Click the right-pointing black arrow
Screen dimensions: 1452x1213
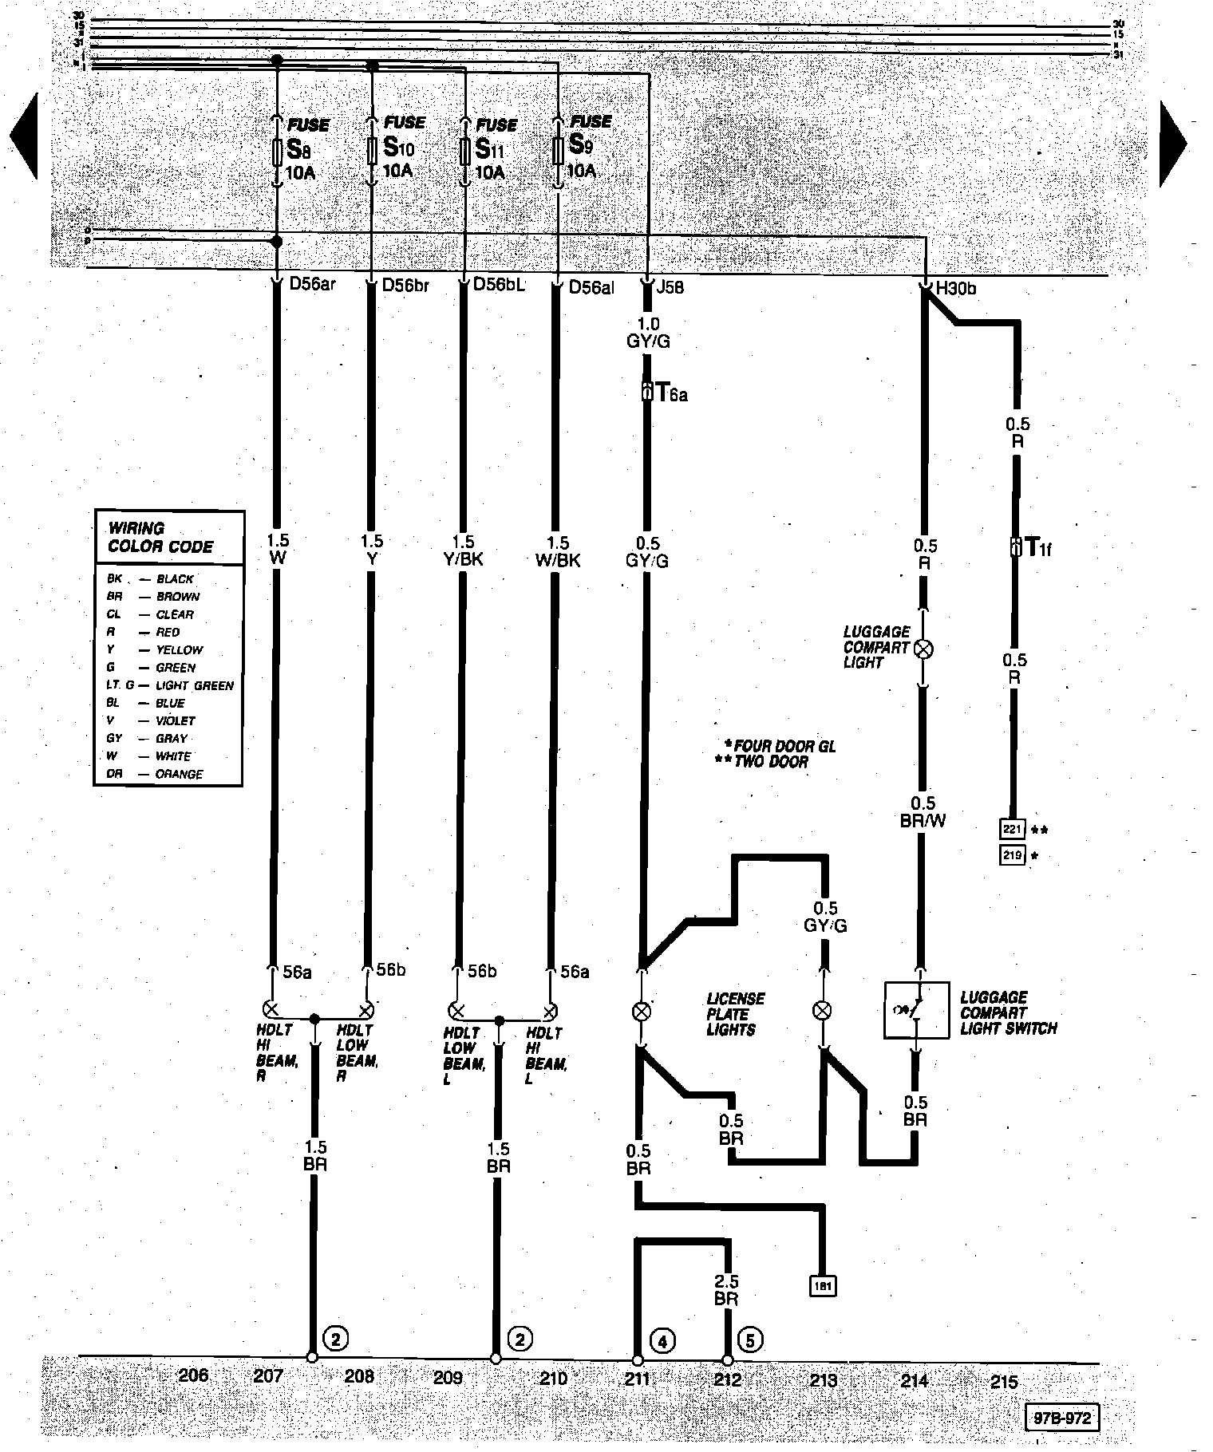coord(1172,144)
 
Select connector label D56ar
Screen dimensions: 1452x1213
coord(312,285)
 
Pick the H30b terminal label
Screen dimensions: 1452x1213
coord(954,289)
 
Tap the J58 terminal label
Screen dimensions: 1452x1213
coord(669,287)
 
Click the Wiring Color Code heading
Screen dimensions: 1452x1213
coord(160,538)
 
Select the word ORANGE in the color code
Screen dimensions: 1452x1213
coord(180,774)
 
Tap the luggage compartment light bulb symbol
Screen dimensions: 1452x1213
coord(922,648)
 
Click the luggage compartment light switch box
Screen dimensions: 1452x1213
coord(916,1009)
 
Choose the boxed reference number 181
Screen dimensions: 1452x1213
coord(823,1286)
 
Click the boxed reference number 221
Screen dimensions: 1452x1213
coord(1012,830)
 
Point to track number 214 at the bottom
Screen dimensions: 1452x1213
coord(915,1379)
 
